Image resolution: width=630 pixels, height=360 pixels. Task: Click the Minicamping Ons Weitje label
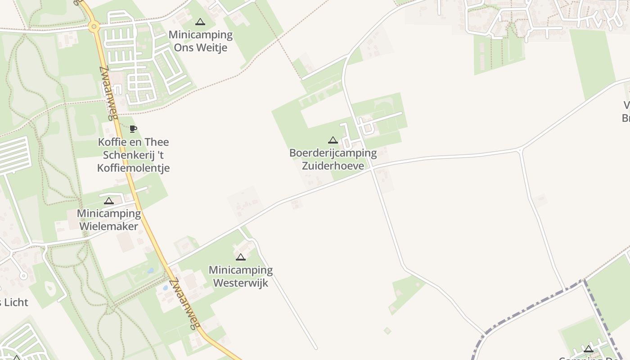point(200,41)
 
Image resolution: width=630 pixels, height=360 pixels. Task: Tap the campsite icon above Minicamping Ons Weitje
point(200,22)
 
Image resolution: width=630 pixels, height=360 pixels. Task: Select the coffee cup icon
point(133,129)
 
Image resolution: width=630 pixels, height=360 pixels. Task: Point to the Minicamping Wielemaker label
point(109,220)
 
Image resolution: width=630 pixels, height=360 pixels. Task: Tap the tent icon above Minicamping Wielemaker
point(109,201)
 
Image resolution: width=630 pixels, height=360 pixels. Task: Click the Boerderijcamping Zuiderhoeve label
point(333,159)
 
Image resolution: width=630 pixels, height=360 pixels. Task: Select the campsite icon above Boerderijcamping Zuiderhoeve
point(333,140)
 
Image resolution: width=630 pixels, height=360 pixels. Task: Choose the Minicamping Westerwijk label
point(241,276)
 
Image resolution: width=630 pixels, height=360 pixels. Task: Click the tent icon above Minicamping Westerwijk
point(241,257)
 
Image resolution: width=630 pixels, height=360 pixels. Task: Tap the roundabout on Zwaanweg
point(94,27)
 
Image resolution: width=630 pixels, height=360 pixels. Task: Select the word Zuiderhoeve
point(333,166)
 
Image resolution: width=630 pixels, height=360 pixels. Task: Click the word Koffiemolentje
point(134,168)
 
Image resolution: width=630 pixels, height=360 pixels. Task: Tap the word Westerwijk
point(241,283)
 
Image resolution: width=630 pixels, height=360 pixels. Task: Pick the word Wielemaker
point(109,226)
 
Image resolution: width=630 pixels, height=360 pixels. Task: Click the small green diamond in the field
point(387,331)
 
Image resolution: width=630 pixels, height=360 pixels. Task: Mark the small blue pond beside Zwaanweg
point(150,271)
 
